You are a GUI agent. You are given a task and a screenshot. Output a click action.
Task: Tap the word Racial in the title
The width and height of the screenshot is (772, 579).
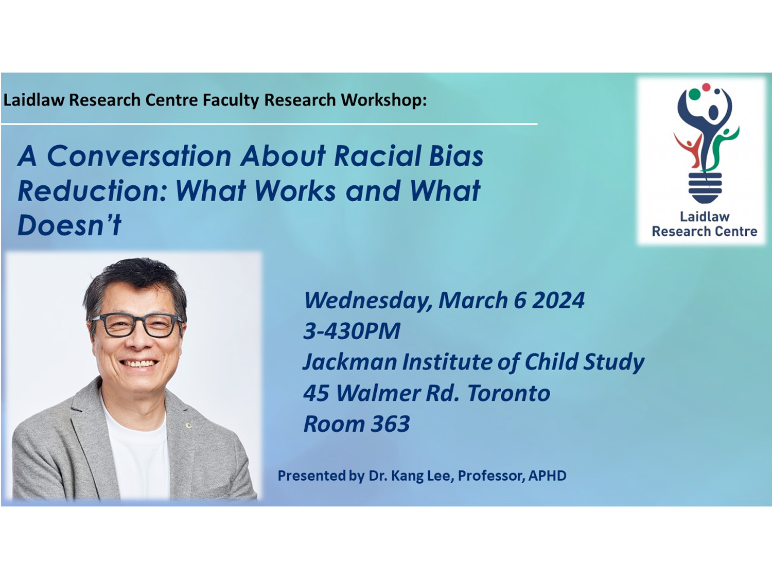coord(377,155)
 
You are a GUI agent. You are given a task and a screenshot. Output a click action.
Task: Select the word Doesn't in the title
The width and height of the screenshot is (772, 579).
coord(69,224)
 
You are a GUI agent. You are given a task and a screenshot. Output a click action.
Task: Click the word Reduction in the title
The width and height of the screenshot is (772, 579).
coord(92,190)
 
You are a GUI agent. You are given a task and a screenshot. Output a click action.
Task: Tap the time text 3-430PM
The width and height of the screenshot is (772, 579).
coord(352,331)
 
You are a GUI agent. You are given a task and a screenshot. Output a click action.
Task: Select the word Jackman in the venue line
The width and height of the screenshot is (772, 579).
coord(349,362)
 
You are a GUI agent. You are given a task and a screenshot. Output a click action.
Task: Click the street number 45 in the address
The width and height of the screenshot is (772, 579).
coord(316,393)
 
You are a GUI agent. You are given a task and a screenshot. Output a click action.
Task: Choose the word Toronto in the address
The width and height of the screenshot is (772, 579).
coord(508,393)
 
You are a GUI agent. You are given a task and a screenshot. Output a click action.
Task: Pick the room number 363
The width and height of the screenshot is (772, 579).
coord(391,424)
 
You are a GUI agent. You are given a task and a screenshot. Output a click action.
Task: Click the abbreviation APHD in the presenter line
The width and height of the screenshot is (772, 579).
coord(547,476)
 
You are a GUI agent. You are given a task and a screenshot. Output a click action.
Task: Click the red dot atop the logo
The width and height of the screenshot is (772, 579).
coord(706,87)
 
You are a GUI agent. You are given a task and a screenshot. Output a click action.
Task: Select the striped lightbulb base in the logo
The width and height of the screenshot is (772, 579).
coord(705,187)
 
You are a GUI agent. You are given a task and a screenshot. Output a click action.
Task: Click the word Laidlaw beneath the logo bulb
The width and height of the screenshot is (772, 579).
coord(705,217)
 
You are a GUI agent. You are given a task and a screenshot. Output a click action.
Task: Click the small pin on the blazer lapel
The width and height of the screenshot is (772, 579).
coord(189,426)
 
